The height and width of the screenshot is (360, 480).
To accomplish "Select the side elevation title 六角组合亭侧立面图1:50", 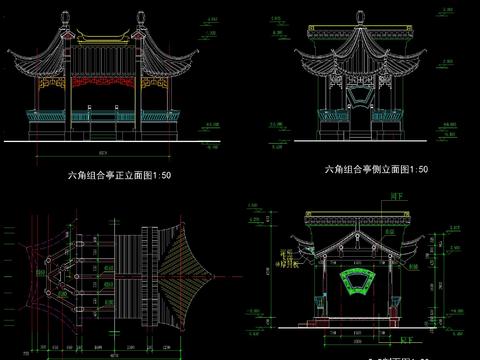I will (x=376, y=169).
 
